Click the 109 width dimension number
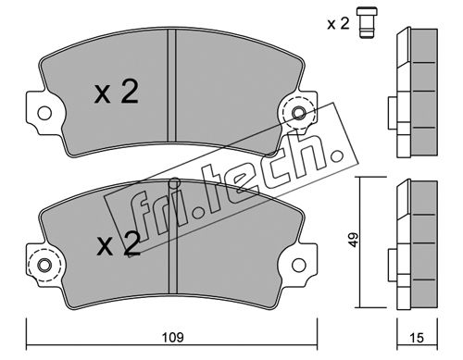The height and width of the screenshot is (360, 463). click(173, 337)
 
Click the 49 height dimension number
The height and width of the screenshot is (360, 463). click(355, 240)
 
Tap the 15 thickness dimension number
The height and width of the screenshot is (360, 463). click(417, 338)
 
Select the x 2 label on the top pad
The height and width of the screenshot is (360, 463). click(117, 92)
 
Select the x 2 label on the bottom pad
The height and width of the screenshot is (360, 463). click(119, 244)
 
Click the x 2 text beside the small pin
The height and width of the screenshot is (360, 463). click(338, 23)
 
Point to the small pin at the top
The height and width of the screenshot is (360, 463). click(368, 22)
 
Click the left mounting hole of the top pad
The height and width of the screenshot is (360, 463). click(44, 113)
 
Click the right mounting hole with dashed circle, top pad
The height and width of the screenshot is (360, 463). click(299, 113)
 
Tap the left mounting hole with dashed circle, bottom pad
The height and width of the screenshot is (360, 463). click(44, 265)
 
